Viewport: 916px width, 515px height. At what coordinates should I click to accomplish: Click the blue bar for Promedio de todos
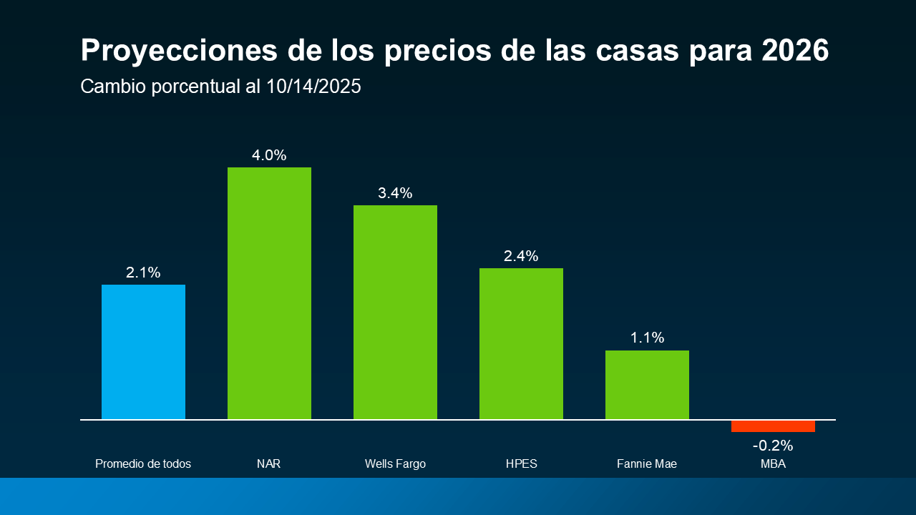(x=143, y=351)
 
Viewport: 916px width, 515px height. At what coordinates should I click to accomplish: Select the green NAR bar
(x=269, y=293)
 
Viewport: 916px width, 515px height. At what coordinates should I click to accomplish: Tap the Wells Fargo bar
(x=395, y=312)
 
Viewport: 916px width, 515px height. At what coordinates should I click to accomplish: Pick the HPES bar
(x=521, y=343)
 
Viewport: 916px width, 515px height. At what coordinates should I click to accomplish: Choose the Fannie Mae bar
(x=647, y=384)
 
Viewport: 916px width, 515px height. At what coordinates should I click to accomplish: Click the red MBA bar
(x=773, y=426)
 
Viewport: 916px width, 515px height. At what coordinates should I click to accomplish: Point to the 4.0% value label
(x=269, y=155)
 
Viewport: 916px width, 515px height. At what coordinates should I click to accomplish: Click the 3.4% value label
(x=395, y=193)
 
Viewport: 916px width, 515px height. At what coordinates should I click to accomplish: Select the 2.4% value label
(x=521, y=256)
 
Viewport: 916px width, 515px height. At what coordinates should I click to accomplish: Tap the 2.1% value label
(x=143, y=273)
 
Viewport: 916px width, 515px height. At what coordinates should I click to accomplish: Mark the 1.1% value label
(x=647, y=338)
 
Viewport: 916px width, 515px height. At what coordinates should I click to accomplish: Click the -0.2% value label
(x=773, y=446)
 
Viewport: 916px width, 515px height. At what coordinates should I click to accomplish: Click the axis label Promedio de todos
(x=143, y=464)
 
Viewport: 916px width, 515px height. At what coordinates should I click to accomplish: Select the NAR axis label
(x=269, y=464)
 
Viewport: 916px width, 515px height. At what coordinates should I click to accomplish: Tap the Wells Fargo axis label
(x=395, y=464)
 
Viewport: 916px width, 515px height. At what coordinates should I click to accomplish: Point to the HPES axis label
(x=521, y=464)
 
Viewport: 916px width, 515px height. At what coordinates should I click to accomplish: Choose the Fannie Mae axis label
(x=647, y=464)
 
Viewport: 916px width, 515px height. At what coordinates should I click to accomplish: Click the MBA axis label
(x=773, y=464)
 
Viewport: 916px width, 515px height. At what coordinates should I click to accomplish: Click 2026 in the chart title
(x=795, y=51)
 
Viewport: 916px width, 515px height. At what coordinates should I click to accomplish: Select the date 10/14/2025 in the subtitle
(x=313, y=87)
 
